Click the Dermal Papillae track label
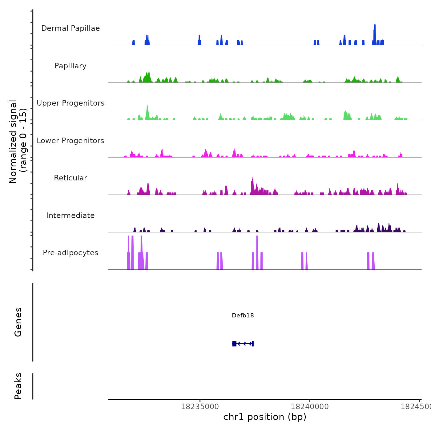tap(70, 28)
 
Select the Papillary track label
tap(70, 66)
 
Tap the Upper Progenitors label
tap(70, 103)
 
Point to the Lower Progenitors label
tap(70, 141)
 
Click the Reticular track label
tap(70, 178)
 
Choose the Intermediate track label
tap(70, 216)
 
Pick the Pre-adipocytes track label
tap(70, 253)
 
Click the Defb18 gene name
tap(243, 315)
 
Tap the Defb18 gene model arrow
tap(244, 344)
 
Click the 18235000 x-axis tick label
tap(200, 406)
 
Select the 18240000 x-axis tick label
tap(310, 406)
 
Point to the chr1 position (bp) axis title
tap(265, 417)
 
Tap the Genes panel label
tap(18, 322)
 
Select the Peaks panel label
tap(18, 386)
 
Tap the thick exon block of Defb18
tap(234, 344)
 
